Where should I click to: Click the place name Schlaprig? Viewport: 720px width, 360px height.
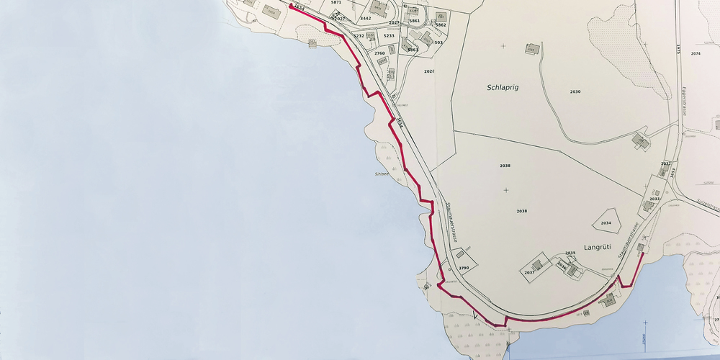(x=502, y=87)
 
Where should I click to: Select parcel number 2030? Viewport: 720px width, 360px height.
(x=575, y=92)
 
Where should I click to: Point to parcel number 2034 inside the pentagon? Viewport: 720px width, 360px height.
(x=606, y=223)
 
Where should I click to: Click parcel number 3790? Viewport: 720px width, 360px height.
(x=464, y=268)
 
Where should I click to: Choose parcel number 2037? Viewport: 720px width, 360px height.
(x=529, y=273)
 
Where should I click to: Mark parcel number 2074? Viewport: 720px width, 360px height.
(x=696, y=54)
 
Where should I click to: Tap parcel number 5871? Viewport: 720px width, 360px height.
(x=336, y=3)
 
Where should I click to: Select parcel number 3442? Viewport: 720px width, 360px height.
(x=365, y=18)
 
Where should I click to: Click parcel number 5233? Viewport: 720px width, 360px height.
(x=389, y=35)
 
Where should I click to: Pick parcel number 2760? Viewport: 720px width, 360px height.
(x=379, y=53)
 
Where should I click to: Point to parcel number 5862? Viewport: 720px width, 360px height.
(x=441, y=25)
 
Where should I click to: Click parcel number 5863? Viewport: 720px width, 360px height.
(x=413, y=50)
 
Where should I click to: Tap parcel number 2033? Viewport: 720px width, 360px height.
(x=654, y=199)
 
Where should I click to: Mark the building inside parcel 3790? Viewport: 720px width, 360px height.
(x=459, y=255)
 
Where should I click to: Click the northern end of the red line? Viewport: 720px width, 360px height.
(x=291, y=5)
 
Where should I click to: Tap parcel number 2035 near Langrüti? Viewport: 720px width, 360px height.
(x=570, y=253)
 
